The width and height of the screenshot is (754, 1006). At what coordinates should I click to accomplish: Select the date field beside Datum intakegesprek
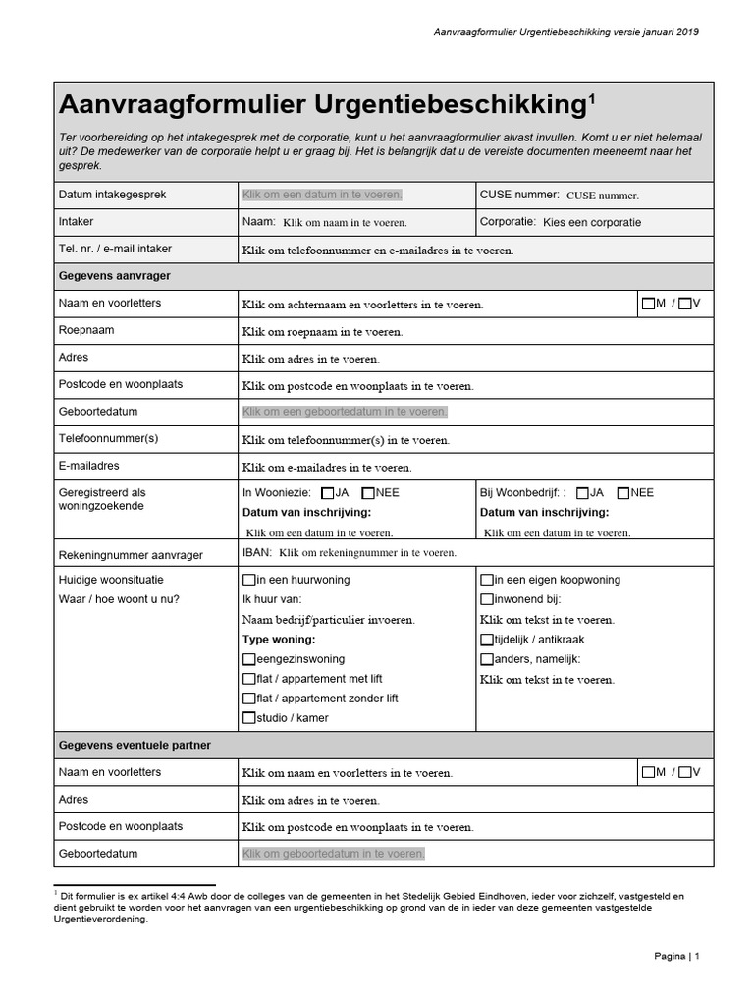click(322, 195)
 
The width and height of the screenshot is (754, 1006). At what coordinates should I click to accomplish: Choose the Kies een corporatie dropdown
click(591, 222)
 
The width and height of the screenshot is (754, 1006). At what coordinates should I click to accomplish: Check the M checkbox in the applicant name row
click(648, 304)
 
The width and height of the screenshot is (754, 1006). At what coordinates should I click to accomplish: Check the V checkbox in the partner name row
click(684, 772)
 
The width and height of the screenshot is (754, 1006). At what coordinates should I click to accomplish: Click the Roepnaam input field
click(322, 332)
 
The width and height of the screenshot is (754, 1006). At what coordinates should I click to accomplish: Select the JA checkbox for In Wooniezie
click(327, 493)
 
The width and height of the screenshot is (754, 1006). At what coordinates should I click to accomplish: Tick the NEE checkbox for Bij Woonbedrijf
click(622, 493)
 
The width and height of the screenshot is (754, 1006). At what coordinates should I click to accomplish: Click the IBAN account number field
click(367, 553)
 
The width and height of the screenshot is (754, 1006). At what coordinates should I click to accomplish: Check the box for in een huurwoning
click(248, 580)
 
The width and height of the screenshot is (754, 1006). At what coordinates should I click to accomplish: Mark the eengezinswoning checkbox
click(248, 659)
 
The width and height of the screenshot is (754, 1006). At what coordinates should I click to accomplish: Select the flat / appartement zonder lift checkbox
click(248, 699)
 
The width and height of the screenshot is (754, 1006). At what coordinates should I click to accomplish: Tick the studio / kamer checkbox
click(248, 718)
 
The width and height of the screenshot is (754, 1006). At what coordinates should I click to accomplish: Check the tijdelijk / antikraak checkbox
click(486, 640)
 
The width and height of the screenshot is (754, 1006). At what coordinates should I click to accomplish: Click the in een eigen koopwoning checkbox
click(486, 580)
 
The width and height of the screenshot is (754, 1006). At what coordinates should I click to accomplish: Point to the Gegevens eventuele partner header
click(135, 746)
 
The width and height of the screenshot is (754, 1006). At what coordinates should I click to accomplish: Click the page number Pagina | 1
click(675, 956)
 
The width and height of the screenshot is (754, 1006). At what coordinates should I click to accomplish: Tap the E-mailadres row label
click(89, 466)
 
